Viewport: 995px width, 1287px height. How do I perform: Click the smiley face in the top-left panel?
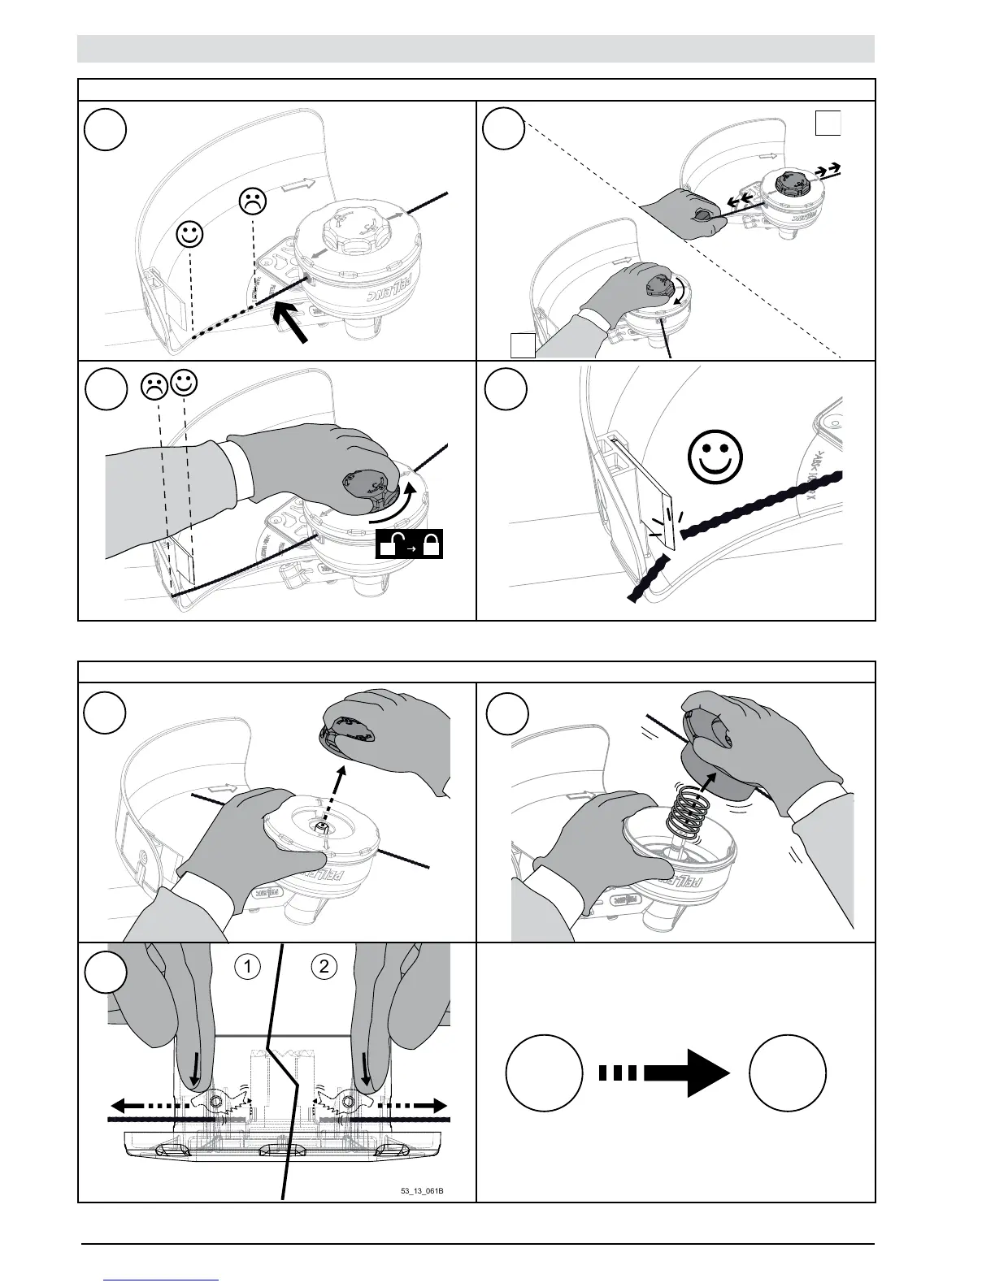(189, 236)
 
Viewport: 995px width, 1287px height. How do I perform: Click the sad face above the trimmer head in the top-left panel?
(253, 201)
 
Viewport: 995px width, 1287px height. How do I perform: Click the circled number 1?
(246, 966)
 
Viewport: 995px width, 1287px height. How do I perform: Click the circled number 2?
(324, 966)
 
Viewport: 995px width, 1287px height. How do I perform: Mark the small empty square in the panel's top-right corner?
(828, 123)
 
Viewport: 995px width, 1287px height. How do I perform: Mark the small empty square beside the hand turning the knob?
(523, 344)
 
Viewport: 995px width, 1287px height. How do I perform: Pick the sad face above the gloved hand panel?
(154, 385)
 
